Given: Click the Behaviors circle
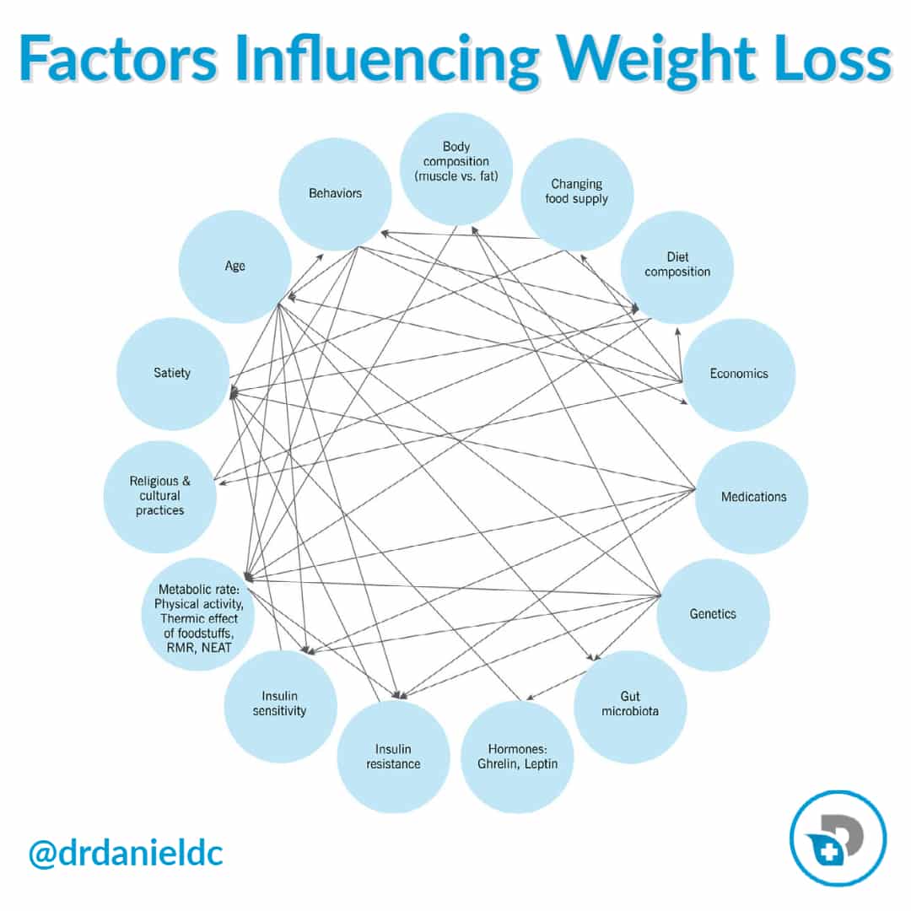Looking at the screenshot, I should (x=335, y=194).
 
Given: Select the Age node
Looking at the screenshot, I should (x=234, y=266).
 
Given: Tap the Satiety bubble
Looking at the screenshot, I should (x=172, y=373).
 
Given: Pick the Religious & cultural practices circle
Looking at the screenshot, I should (x=159, y=496).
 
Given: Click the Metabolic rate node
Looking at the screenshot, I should (x=199, y=614).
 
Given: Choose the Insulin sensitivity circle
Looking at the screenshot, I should (x=280, y=705).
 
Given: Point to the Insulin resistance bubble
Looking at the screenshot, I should (x=393, y=756).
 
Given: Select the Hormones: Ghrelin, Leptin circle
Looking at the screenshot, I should (x=517, y=756).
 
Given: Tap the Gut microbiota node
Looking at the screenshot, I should (x=630, y=705).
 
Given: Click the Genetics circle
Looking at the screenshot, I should (x=713, y=614).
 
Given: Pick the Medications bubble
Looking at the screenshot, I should (x=752, y=497).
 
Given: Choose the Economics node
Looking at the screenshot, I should (x=738, y=374).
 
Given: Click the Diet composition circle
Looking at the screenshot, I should (x=677, y=266).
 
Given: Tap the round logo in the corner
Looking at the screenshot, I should (x=838, y=838).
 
